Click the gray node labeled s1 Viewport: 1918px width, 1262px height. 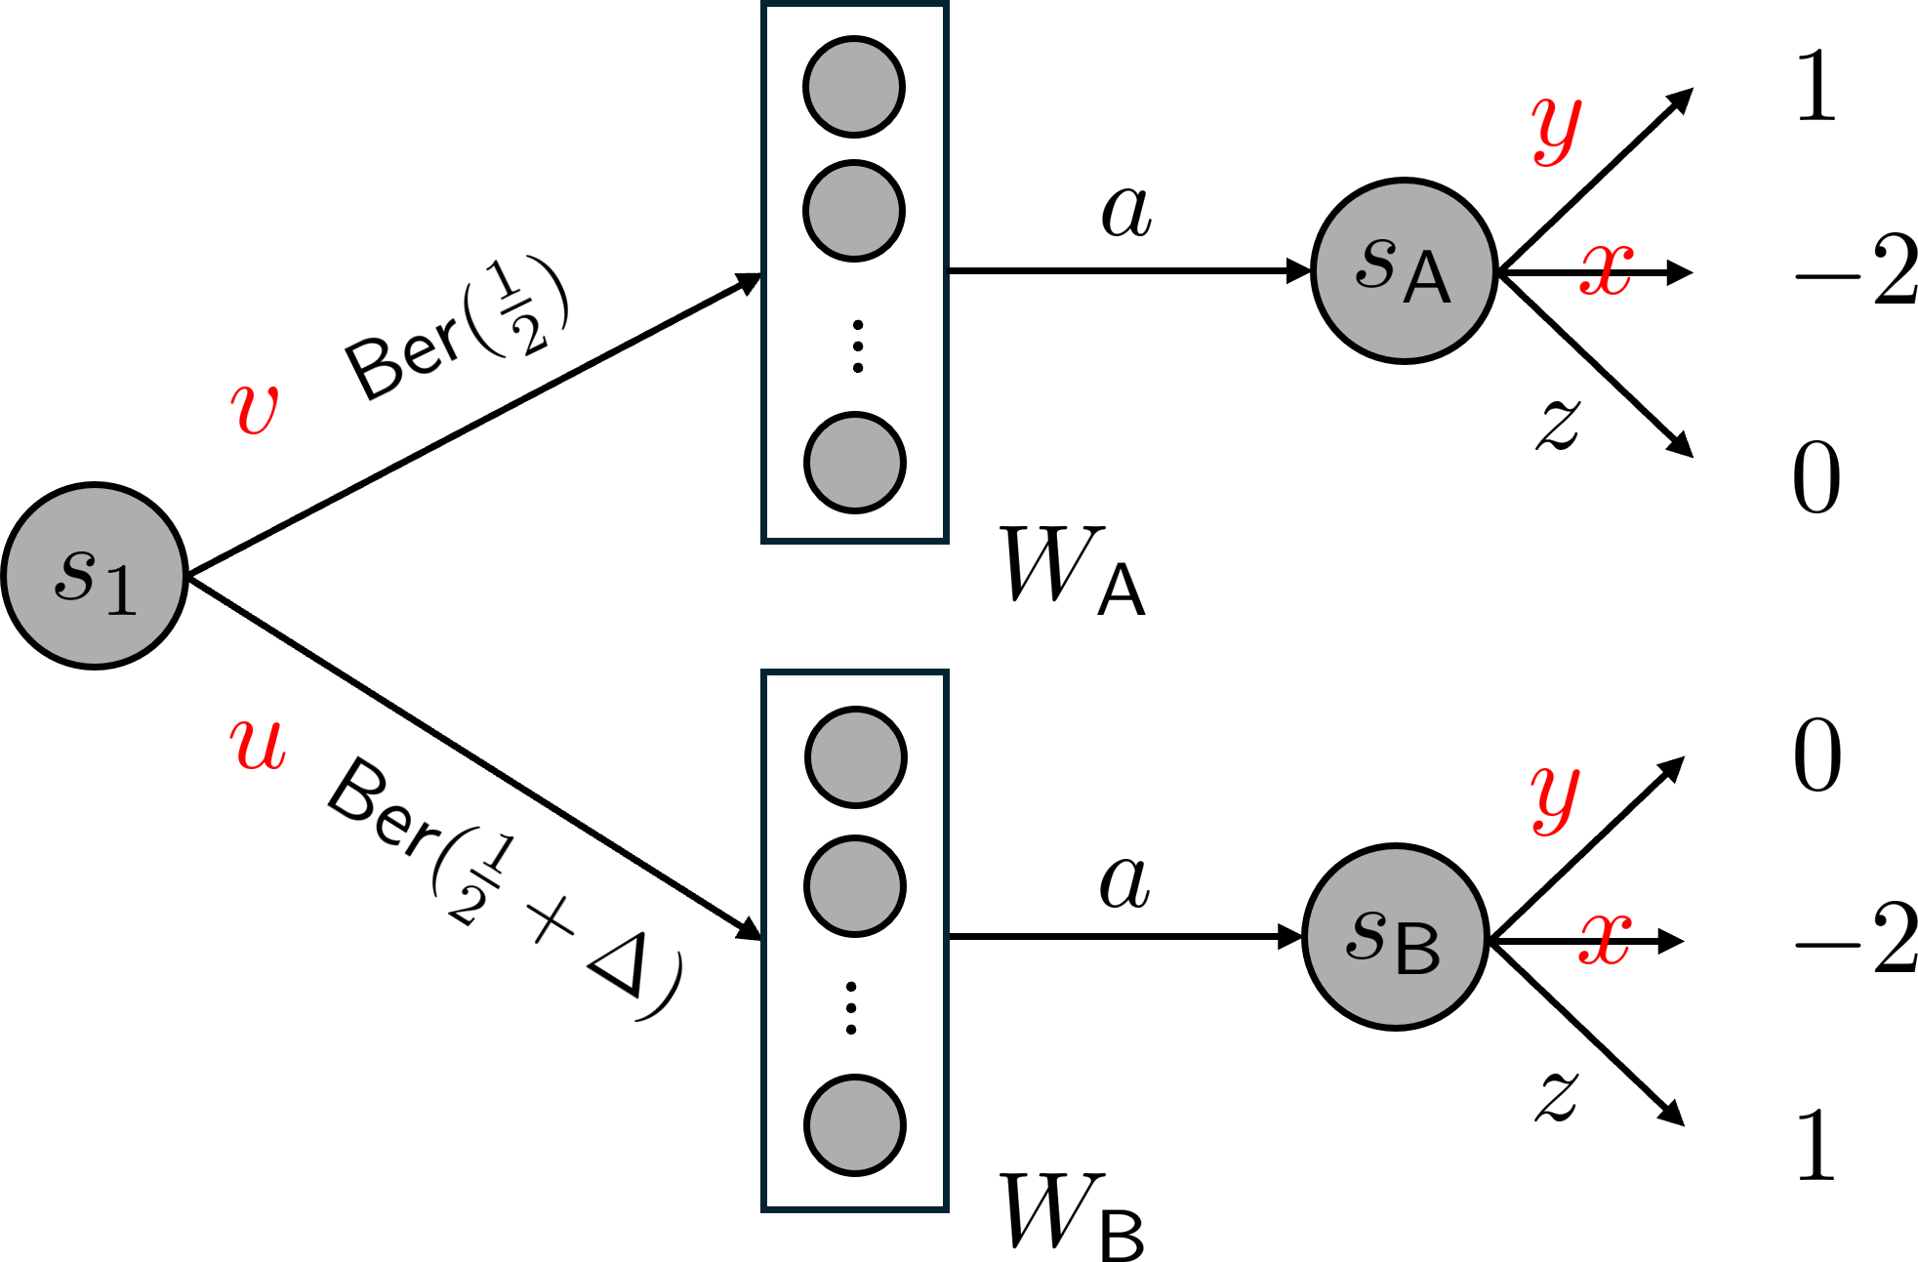click(95, 576)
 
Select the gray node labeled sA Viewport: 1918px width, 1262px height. click(1404, 270)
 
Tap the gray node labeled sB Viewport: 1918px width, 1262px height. click(1395, 937)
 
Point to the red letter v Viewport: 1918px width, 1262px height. click(255, 408)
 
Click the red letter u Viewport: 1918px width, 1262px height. click(258, 744)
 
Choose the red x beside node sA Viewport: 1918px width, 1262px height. click(1607, 268)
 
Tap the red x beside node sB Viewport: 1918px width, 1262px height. click(1606, 939)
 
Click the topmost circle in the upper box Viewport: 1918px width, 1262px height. click(854, 87)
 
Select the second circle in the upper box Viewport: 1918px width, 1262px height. click(854, 211)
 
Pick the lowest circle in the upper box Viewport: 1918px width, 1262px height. click(855, 463)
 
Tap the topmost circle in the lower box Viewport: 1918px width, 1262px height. click(856, 757)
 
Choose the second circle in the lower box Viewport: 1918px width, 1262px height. click(855, 886)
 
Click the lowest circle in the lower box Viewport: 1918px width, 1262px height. click(855, 1125)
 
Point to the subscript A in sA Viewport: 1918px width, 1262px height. click(1427, 278)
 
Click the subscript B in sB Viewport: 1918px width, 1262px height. click(1418, 949)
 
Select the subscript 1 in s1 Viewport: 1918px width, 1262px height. click(121, 590)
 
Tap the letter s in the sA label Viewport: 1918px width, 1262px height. click(1376, 263)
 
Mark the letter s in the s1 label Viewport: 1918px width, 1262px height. click(75, 573)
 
